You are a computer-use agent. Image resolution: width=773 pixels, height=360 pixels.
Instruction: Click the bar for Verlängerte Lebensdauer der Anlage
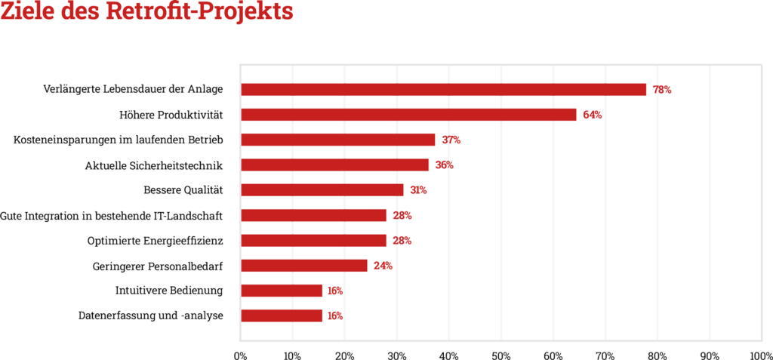click(443, 90)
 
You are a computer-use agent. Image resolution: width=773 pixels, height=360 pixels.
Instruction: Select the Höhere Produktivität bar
click(408, 115)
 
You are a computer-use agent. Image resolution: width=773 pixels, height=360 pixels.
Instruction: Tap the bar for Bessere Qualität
click(322, 190)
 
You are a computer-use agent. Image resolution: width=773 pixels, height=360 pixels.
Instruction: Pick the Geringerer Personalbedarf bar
click(303, 266)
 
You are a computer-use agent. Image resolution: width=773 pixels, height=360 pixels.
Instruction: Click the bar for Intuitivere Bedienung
click(281, 291)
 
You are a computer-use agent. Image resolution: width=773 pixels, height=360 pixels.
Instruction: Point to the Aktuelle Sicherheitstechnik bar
click(334, 165)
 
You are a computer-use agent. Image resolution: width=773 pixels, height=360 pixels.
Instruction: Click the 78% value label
click(661, 90)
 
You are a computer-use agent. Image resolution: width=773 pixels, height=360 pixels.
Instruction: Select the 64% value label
click(592, 115)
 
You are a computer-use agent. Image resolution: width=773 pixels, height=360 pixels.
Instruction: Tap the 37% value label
click(451, 140)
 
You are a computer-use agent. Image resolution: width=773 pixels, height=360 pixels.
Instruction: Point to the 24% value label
click(383, 266)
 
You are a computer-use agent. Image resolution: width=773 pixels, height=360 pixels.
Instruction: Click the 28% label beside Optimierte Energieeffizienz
click(402, 241)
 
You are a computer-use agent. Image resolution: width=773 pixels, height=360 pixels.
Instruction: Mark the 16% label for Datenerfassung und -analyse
click(334, 315)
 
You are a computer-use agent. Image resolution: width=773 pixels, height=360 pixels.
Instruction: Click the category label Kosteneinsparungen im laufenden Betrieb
click(119, 140)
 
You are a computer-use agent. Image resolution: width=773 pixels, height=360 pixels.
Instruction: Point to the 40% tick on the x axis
click(449, 354)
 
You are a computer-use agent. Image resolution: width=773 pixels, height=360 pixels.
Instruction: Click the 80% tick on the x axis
click(658, 354)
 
